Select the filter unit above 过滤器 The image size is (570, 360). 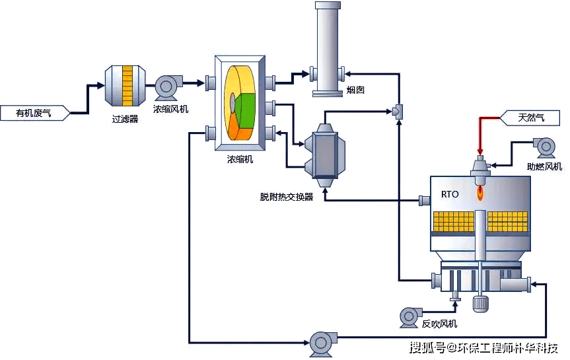click(x=124, y=85)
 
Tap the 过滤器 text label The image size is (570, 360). click(x=125, y=120)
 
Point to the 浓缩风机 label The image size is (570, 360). click(x=170, y=109)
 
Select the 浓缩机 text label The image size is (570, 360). click(x=240, y=159)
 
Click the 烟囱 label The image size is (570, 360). click(x=355, y=90)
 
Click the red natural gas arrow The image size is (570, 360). click(x=481, y=135)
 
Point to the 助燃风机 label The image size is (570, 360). click(x=544, y=166)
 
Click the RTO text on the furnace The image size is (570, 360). click(x=450, y=195)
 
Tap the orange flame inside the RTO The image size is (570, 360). click(x=480, y=194)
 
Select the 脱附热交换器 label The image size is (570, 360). click(x=287, y=197)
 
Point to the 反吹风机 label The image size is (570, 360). click(x=439, y=324)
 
